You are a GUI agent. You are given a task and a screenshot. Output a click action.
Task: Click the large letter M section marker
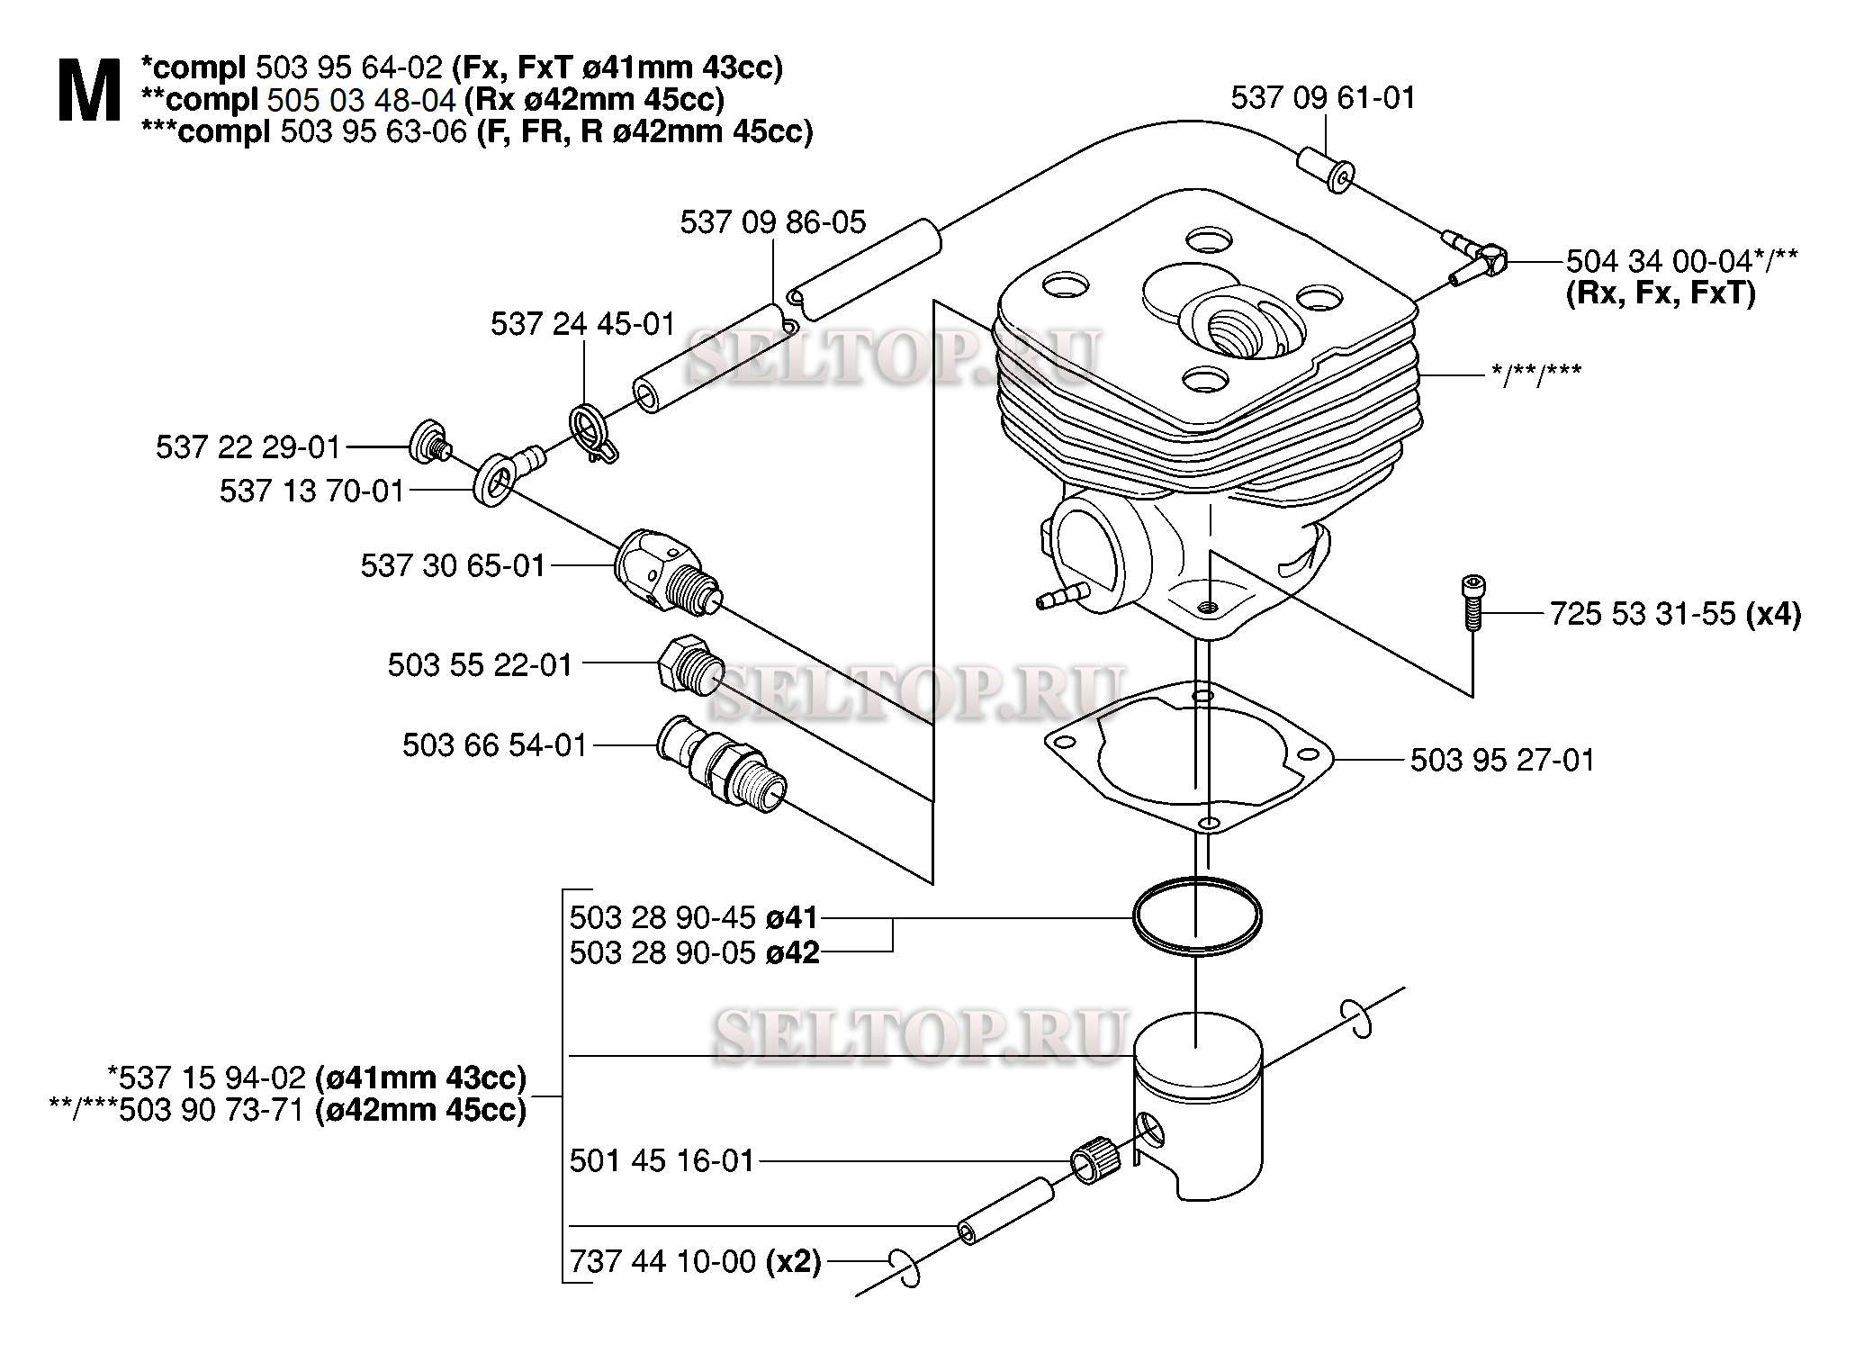tap(89, 91)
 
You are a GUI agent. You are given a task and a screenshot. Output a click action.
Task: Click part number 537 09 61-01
tap(1323, 97)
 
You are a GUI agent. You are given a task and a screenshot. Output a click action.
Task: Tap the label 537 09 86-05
tap(772, 221)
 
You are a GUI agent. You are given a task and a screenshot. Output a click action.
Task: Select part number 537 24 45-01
tap(582, 323)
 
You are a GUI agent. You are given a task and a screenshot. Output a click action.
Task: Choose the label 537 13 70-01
tap(311, 491)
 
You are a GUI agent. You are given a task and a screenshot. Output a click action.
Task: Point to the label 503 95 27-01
tap(1502, 760)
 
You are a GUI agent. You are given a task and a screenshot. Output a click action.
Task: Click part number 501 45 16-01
tap(662, 1160)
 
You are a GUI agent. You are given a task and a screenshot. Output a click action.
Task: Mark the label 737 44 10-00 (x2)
tap(696, 1261)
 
